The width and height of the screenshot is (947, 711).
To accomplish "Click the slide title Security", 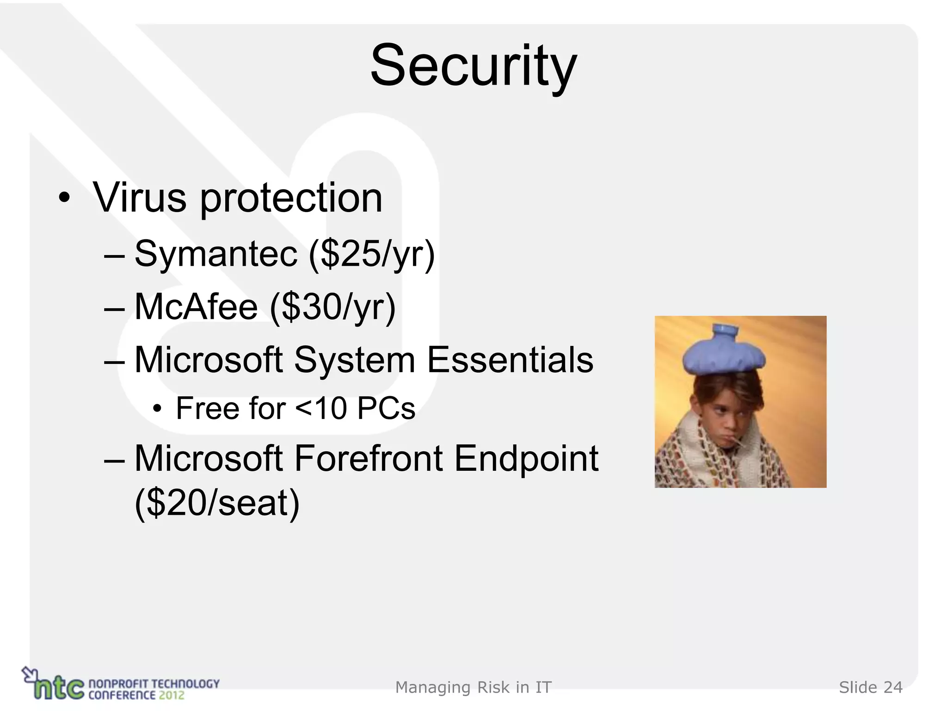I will [473, 66].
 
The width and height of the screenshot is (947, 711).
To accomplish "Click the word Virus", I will [139, 198].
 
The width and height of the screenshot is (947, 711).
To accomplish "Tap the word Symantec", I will [215, 254].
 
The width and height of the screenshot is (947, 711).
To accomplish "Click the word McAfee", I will [196, 307].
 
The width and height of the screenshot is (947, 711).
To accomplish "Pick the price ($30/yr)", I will [333, 308].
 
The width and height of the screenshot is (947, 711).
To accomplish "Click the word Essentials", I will [510, 360].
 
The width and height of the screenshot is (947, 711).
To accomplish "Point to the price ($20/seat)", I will [217, 504].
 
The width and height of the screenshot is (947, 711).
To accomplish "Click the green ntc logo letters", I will [60, 688].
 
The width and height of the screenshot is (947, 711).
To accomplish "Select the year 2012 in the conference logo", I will [172, 695].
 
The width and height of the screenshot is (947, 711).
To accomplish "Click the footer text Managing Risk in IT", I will [473, 688].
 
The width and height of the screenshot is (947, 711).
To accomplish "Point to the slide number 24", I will [893, 688].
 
